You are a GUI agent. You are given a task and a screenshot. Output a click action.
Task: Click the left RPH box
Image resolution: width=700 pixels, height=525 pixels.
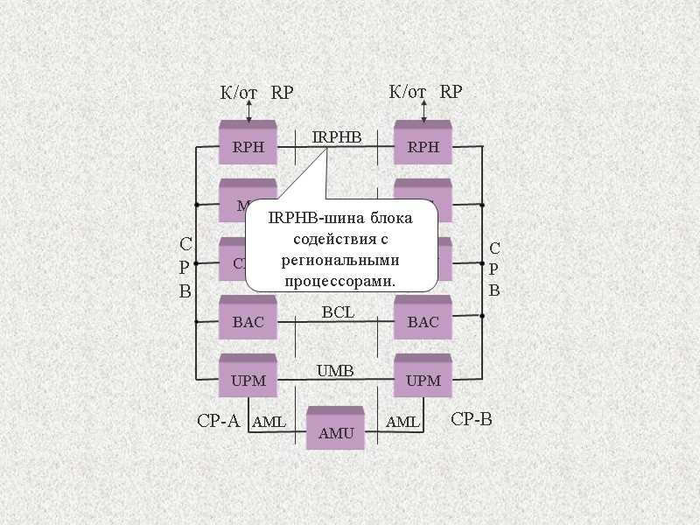pos(248,145)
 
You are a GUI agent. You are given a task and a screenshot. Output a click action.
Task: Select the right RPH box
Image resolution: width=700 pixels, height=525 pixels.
pos(423,145)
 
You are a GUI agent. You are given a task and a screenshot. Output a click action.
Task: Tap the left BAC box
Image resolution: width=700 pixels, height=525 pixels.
pos(248,321)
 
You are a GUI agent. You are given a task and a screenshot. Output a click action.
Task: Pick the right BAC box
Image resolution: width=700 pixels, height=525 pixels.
pos(423,321)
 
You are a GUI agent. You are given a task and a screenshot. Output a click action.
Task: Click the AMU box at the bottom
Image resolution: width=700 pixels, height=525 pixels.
pos(335,431)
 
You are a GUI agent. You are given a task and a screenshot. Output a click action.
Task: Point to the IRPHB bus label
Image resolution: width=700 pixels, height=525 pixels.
pos(336,136)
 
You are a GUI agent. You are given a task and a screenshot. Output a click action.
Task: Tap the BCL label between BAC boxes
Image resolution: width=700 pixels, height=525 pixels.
pos(338,311)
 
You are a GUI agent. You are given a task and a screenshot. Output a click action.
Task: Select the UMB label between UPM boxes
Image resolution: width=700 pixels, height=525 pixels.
pos(335,370)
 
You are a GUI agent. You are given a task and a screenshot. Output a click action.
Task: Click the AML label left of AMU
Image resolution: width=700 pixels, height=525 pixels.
pos(269,423)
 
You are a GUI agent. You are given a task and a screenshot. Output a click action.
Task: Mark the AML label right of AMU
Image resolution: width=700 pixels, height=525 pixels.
pos(402,423)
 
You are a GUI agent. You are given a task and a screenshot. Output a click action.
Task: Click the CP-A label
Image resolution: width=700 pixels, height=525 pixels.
pos(218,421)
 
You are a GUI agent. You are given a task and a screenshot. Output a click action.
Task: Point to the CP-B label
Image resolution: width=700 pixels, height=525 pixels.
pos(472,420)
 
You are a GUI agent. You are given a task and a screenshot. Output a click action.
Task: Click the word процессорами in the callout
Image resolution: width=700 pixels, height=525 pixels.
pos(339,282)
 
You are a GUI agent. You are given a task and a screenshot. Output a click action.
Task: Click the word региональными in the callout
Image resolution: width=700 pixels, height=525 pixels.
pos(340,260)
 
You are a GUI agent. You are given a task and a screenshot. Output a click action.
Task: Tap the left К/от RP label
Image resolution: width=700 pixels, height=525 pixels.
pos(255,92)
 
